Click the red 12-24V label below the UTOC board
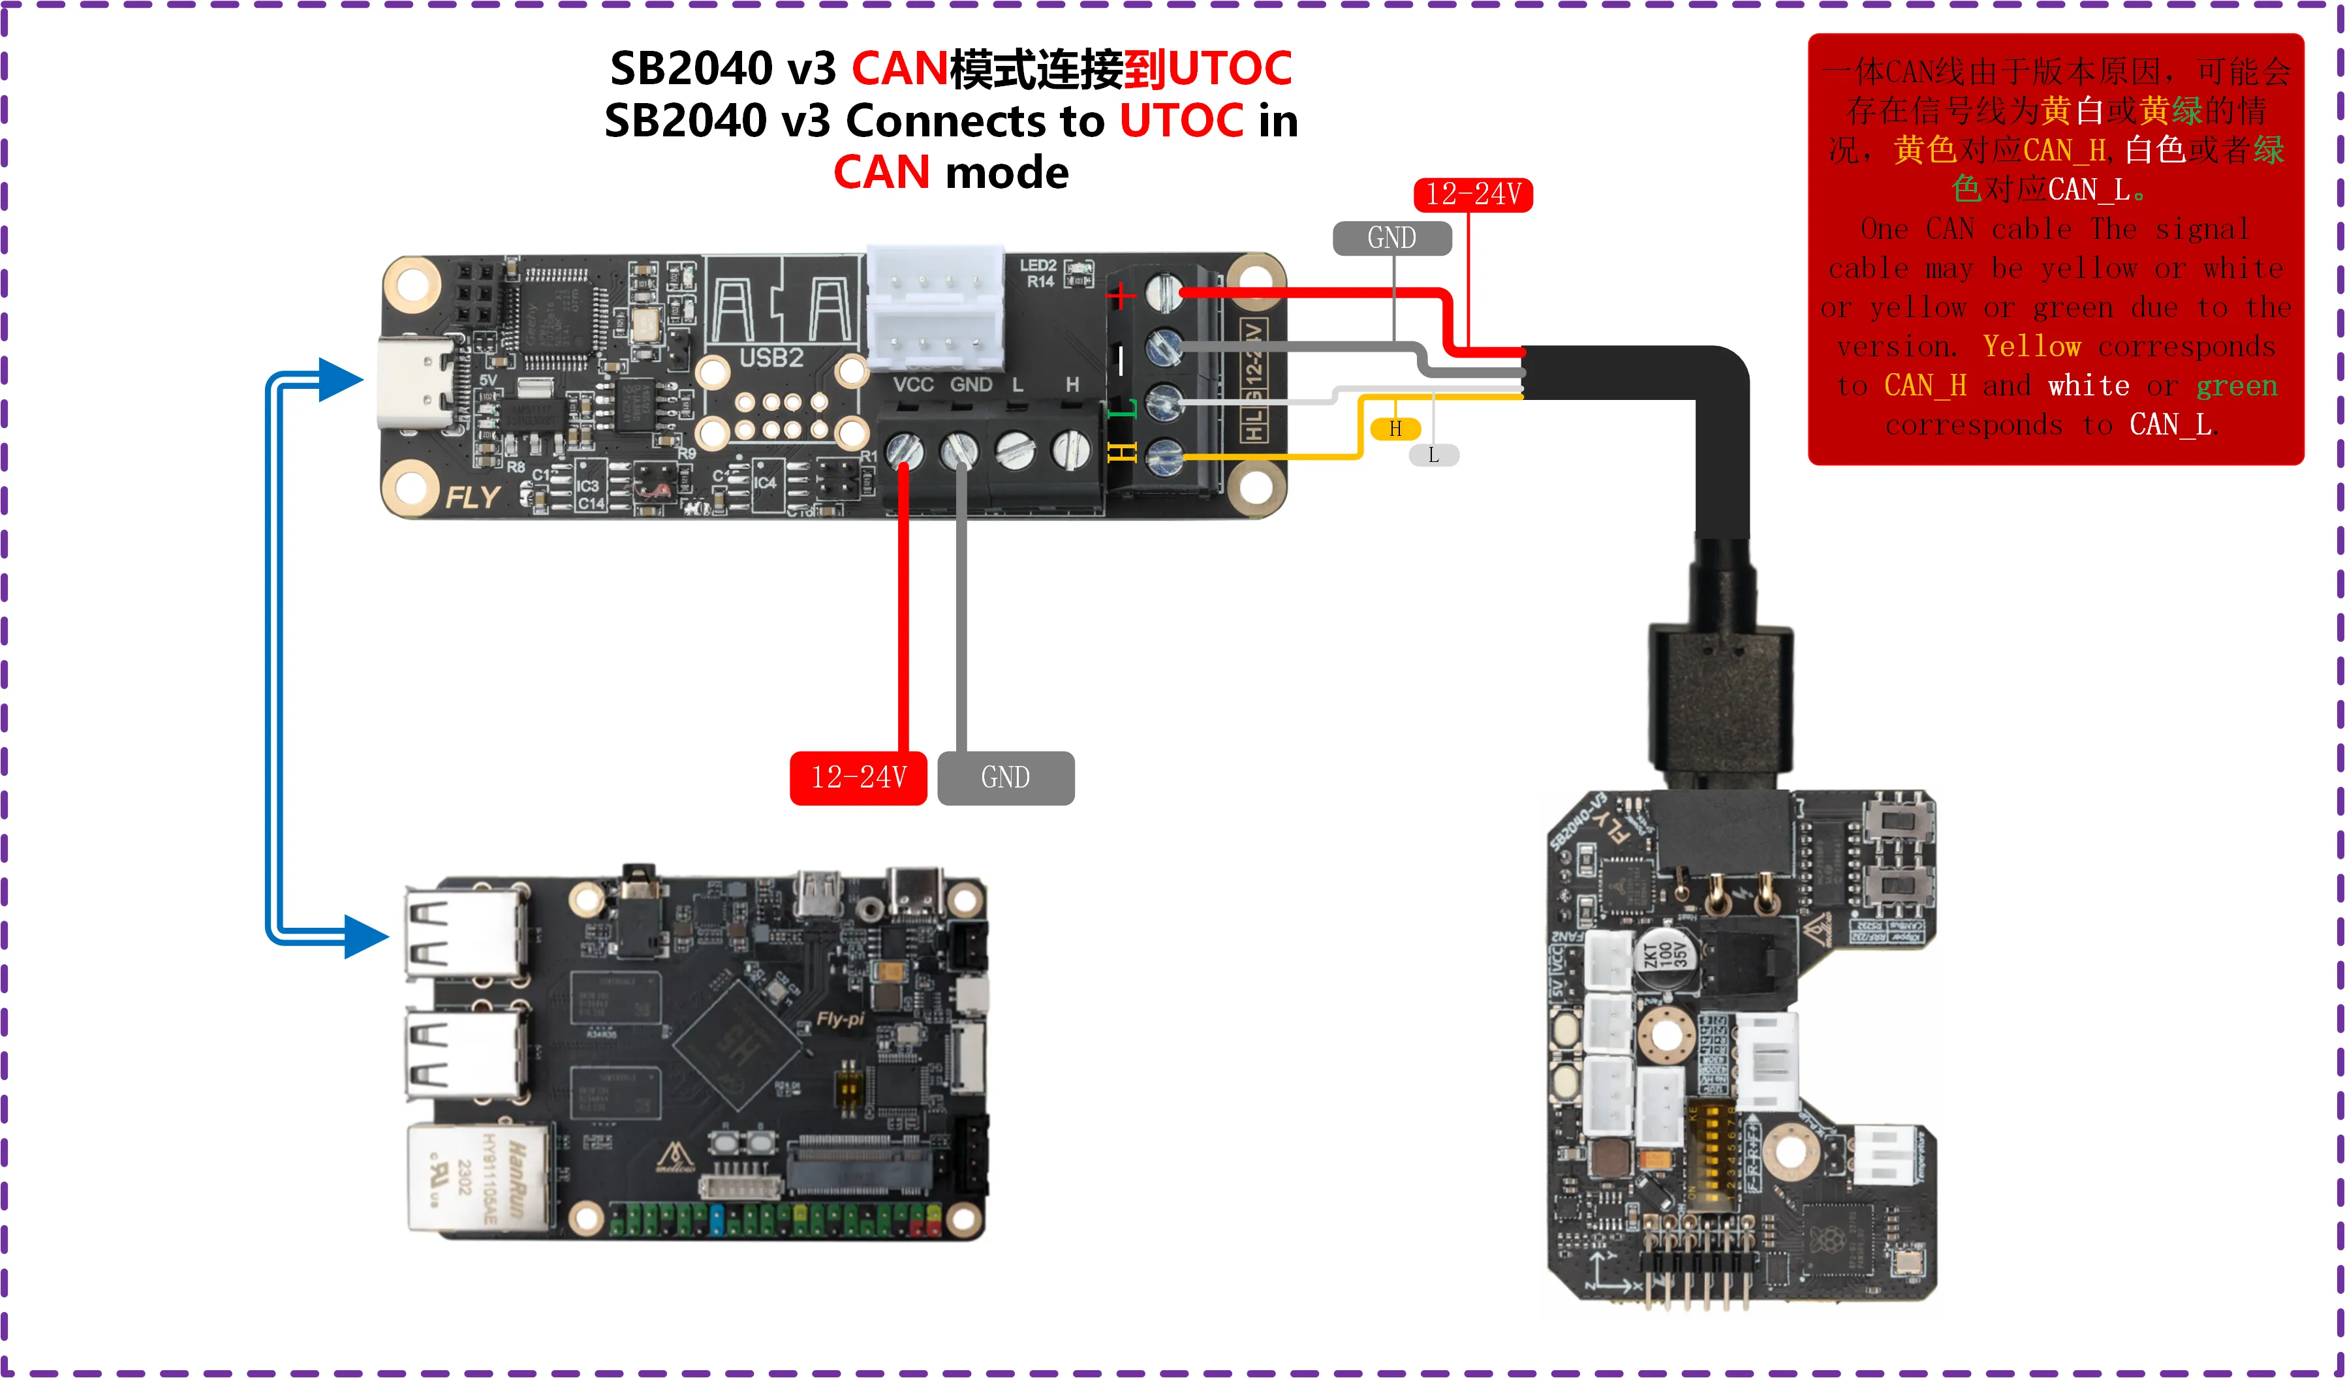[858, 777]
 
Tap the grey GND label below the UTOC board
[1005, 777]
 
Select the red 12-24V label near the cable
[1472, 194]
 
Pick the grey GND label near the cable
[1391, 238]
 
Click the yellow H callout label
[1395, 429]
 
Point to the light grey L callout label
[1433, 455]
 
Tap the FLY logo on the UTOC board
[472, 498]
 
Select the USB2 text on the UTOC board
[771, 358]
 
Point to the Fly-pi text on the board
[839, 1019]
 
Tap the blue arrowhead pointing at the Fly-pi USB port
[365, 936]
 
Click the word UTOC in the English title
[1181, 121]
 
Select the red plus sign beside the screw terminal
[1121, 296]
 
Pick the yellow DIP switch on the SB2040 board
[1711, 1156]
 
